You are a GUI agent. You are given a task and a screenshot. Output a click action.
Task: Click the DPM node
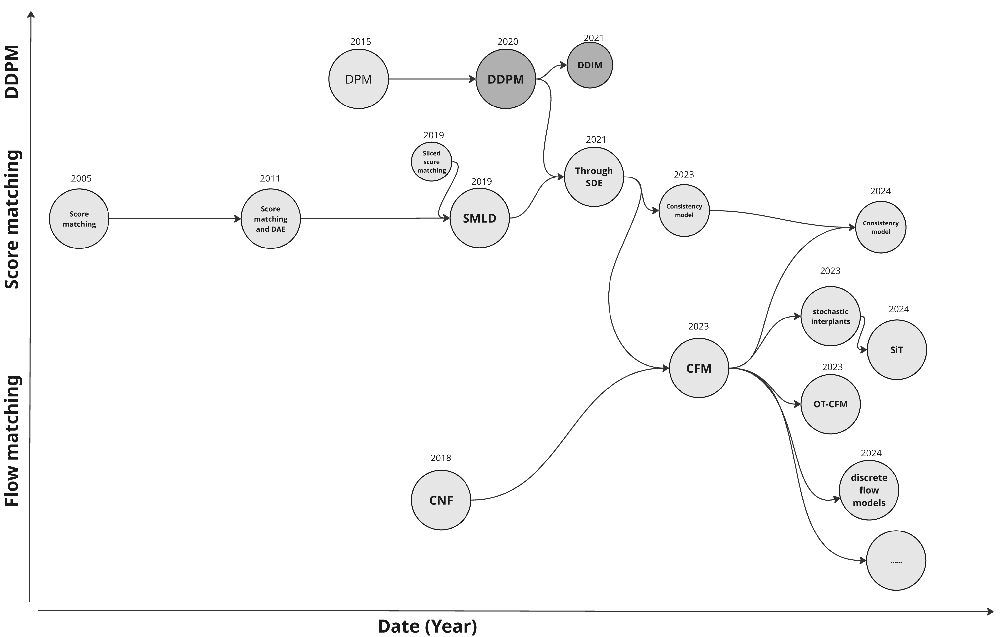(359, 79)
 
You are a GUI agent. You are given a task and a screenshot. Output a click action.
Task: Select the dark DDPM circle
(506, 79)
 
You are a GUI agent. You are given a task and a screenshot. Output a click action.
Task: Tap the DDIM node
(590, 65)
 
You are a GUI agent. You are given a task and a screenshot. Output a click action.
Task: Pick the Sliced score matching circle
(432, 162)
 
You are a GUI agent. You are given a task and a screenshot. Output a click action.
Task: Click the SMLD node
(479, 218)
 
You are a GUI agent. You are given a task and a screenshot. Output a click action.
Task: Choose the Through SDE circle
(594, 177)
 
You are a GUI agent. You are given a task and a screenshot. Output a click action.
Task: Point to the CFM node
(699, 368)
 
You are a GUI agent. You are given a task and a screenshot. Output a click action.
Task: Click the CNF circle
(441, 500)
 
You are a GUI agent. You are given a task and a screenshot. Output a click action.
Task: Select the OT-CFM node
(830, 404)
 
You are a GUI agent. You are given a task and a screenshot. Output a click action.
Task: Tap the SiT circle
(897, 350)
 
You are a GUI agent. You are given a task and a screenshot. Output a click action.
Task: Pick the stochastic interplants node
(830, 316)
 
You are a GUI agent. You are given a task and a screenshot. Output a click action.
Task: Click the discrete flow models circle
(869, 490)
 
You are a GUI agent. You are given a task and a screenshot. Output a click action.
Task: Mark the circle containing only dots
(896, 561)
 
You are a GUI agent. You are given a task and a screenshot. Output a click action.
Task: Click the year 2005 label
(81, 178)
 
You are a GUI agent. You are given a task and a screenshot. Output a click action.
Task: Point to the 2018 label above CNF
(441, 458)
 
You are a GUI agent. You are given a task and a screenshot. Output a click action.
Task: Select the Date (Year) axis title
(427, 626)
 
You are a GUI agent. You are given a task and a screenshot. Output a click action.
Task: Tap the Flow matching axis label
(12, 441)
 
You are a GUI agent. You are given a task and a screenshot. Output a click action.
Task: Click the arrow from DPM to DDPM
(432, 79)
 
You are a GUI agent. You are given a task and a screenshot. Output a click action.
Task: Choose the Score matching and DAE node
(271, 219)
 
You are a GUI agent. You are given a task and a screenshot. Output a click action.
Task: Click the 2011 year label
(270, 178)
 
